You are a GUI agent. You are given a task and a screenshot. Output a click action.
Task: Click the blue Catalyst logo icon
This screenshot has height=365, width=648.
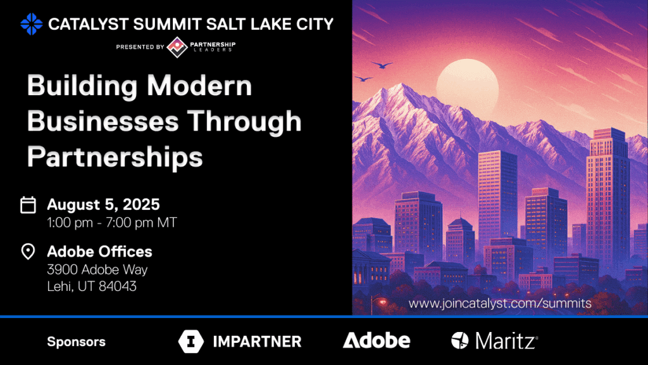(32, 24)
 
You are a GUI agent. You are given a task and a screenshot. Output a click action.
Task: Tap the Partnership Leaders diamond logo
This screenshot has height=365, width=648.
(177, 47)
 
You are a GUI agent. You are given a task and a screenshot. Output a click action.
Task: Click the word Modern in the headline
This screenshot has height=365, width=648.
(199, 86)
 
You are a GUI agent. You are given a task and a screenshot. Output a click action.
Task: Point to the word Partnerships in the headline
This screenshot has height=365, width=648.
(115, 158)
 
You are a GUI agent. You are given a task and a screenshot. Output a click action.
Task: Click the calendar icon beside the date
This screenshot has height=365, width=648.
(28, 205)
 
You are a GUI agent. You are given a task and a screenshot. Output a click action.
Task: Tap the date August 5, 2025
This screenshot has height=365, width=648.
(103, 205)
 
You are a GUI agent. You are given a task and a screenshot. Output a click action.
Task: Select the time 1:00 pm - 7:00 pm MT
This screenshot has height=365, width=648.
(112, 222)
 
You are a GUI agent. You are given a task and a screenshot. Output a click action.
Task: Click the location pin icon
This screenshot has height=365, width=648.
(28, 251)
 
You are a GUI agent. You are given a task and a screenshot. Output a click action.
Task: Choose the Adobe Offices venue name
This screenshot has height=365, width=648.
(99, 252)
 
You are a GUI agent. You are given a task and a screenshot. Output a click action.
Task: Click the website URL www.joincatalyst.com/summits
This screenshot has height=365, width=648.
(500, 304)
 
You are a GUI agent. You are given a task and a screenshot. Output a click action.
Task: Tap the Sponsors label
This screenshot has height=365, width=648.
(77, 342)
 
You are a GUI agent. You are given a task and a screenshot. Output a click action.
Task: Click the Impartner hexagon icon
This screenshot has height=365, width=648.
(191, 342)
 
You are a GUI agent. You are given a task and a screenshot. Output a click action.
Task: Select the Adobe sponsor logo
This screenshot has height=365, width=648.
(377, 340)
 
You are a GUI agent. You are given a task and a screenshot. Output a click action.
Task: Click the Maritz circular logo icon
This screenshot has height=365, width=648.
(459, 340)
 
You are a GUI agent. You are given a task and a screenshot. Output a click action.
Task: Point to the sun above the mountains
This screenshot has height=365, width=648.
(468, 85)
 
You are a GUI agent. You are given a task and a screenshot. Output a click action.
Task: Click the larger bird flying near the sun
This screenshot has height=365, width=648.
(382, 65)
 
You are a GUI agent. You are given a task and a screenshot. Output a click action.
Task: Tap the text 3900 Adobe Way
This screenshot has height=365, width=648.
(97, 270)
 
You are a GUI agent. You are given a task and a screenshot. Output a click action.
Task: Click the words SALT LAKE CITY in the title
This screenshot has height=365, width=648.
(270, 24)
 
